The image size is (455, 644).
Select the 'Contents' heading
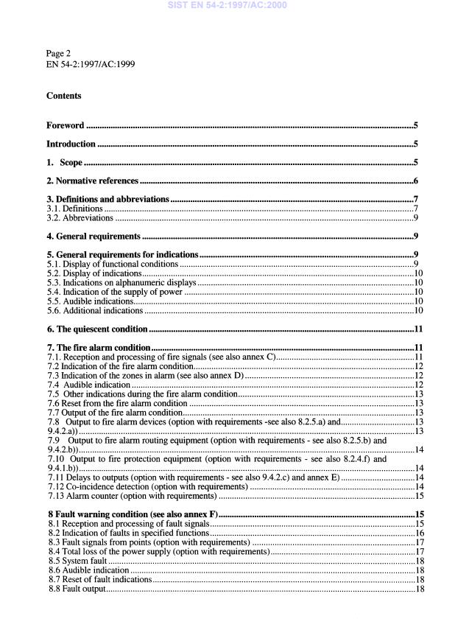[64, 96]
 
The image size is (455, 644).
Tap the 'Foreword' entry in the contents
[66, 125]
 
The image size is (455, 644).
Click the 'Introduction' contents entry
[71, 144]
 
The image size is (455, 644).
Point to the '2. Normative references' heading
[92, 181]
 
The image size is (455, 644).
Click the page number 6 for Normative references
[415, 181]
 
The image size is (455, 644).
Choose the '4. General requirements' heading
[94, 236]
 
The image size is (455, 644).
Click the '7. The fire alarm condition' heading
[98, 347]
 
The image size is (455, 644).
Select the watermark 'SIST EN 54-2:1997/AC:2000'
[227, 6]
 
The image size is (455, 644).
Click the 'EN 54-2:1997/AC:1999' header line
[90, 64]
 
